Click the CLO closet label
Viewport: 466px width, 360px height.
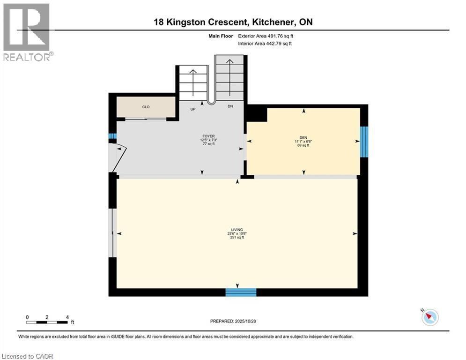pyautogui.click(x=146, y=107)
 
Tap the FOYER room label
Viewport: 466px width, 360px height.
pyautogui.click(x=208, y=136)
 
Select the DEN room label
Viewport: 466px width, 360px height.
pyautogui.click(x=303, y=137)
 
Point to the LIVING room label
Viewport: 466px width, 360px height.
pyautogui.click(x=237, y=230)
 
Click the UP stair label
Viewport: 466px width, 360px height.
pyautogui.click(x=193, y=109)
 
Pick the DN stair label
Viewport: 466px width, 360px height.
pyautogui.click(x=230, y=106)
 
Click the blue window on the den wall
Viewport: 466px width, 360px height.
pyautogui.click(x=364, y=142)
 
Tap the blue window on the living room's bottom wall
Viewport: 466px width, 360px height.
pyautogui.click(x=241, y=292)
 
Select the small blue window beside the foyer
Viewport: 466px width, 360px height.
pyautogui.click(x=112, y=136)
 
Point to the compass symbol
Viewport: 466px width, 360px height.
pyautogui.click(x=430, y=317)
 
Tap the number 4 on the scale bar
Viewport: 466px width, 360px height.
pyautogui.click(x=67, y=317)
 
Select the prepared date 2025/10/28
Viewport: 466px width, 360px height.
pyautogui.click(x=245, y=321)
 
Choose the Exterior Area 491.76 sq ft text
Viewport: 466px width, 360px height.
pyautogui.click(x=266, y=36)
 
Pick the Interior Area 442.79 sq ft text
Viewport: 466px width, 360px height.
pyautogui.click(x=265, y=44)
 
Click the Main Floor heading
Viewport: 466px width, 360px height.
pyautogui.click(x=221, y=36)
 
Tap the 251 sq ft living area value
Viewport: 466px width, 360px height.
pyautogui.click(x=237, y=237)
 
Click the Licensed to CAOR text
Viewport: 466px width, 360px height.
pyautogui.click(x=27, y=356)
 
